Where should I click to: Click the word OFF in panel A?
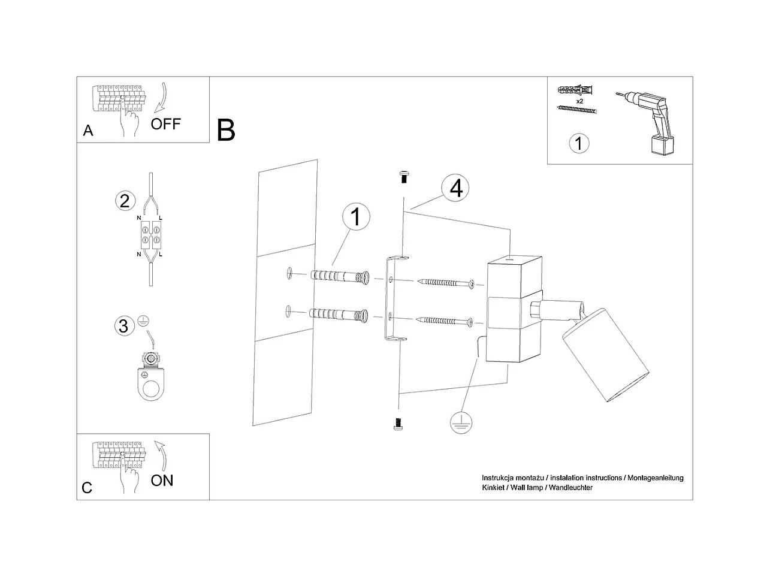click(x=165, y=124)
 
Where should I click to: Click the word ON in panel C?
click(x=162, y=480)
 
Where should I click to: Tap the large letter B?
click(x=226, y=130)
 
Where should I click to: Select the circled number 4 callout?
click(x=455, y=188)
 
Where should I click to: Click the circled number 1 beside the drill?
click(x=578, y=144)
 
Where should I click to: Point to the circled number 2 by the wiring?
click(x=124, y=200)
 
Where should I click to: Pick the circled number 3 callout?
click(x=123, y=326)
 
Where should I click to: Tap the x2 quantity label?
click(x=579, y=102)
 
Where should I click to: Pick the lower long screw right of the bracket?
click(x=446, y=321)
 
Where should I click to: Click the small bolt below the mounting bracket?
click(x=397, y=423)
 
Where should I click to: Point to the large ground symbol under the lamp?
click(x=460, y=422)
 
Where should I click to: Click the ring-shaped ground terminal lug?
click(x=152, y=383)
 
